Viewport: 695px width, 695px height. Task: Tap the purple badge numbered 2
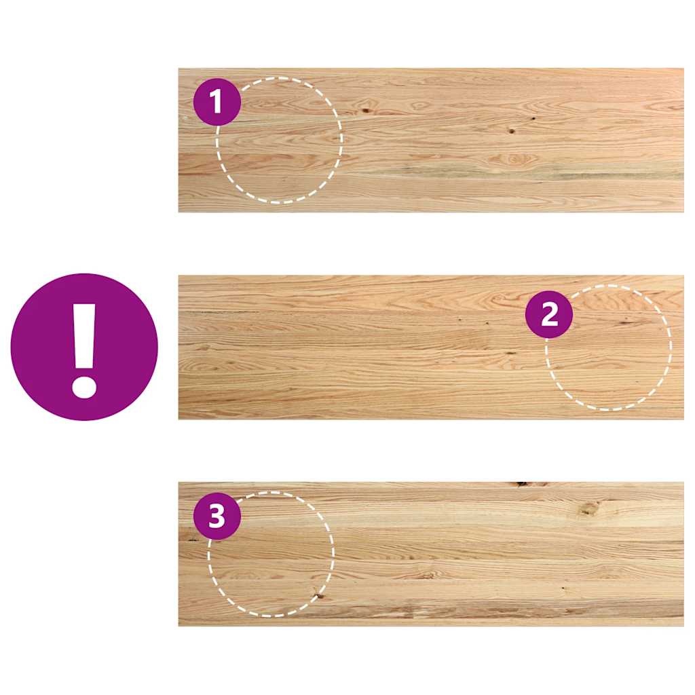point(549,314)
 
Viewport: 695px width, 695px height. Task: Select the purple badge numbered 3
point(217,516)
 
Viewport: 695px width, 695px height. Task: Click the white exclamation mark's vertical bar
point(84,335)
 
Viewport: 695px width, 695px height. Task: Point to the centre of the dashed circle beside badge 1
point(279,140)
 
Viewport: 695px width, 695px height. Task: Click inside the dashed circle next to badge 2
point(608,347)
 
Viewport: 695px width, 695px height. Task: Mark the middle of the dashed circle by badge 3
point(271,554)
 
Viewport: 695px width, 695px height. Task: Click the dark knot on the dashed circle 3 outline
point(318,596)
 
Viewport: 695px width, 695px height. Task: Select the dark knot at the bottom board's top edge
point(521,484)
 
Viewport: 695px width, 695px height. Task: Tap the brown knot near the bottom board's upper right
point(589,508)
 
